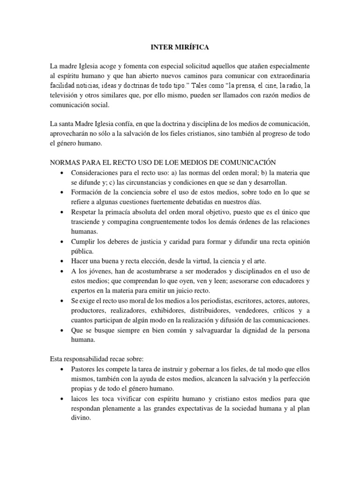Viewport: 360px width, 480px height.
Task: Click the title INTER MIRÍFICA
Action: point(180,47)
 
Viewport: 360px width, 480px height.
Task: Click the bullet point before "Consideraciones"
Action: point(62,172)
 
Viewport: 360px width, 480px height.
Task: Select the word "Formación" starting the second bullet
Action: point(88,192)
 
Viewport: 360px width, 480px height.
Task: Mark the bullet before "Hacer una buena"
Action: point(62,261)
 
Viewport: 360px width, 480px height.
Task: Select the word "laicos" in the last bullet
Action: point(82,398)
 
